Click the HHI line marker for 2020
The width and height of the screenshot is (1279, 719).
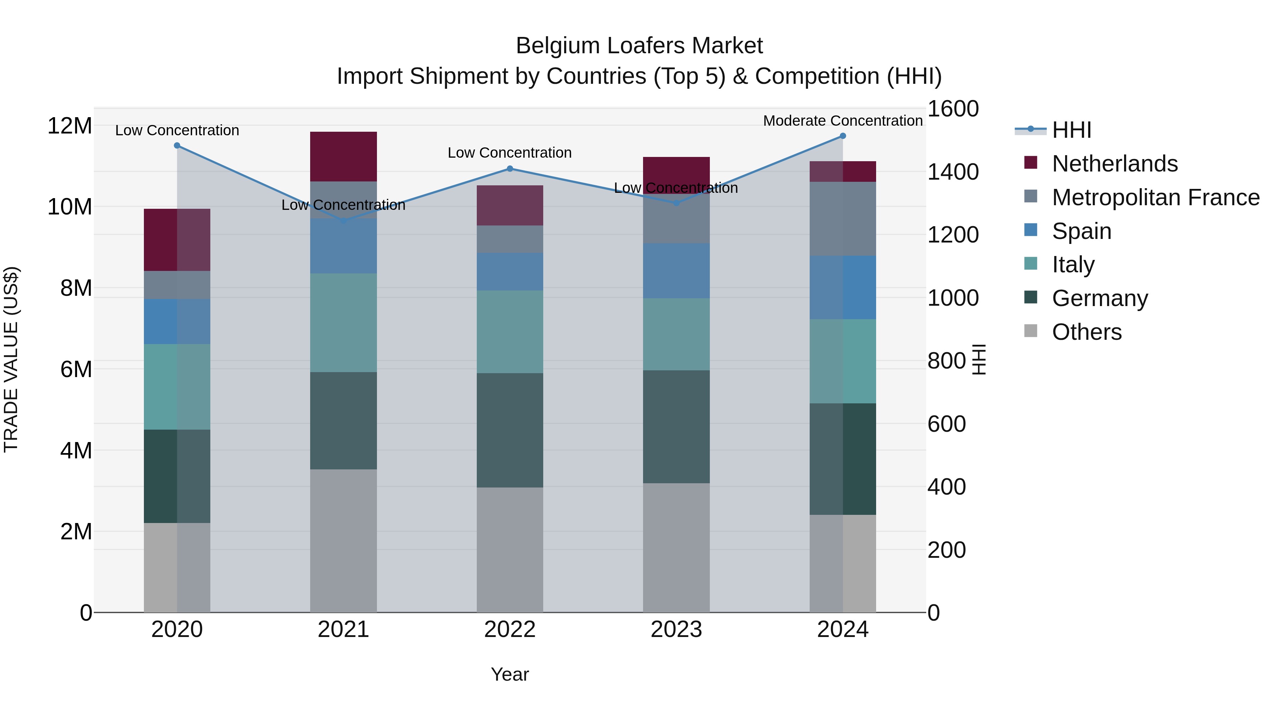click(177, 145)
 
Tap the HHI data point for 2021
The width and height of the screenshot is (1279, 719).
click(343, 220)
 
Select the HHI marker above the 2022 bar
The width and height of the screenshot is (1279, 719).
click(509, 169)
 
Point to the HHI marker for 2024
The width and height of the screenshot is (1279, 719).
click(843, 136)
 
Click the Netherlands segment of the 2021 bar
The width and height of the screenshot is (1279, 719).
click(343, 156)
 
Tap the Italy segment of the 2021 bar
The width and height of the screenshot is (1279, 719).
click(343, 322)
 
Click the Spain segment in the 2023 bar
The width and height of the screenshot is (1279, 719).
click(676, 271)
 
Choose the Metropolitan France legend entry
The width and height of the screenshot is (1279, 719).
click(1155, 197)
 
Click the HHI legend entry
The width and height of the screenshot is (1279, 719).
click(1072, 130)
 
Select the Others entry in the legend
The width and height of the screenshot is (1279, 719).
click(1086, 332)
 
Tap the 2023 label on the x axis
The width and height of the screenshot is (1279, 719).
click(676, 630)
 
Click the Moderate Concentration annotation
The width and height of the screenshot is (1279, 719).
click(843, 121)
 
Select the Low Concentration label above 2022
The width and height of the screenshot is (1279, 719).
click(509, 153)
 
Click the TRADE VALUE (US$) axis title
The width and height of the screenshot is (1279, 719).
click(11, 359)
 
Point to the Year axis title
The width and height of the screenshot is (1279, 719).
click(509, 674)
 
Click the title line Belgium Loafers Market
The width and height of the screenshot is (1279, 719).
click(639, 46)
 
